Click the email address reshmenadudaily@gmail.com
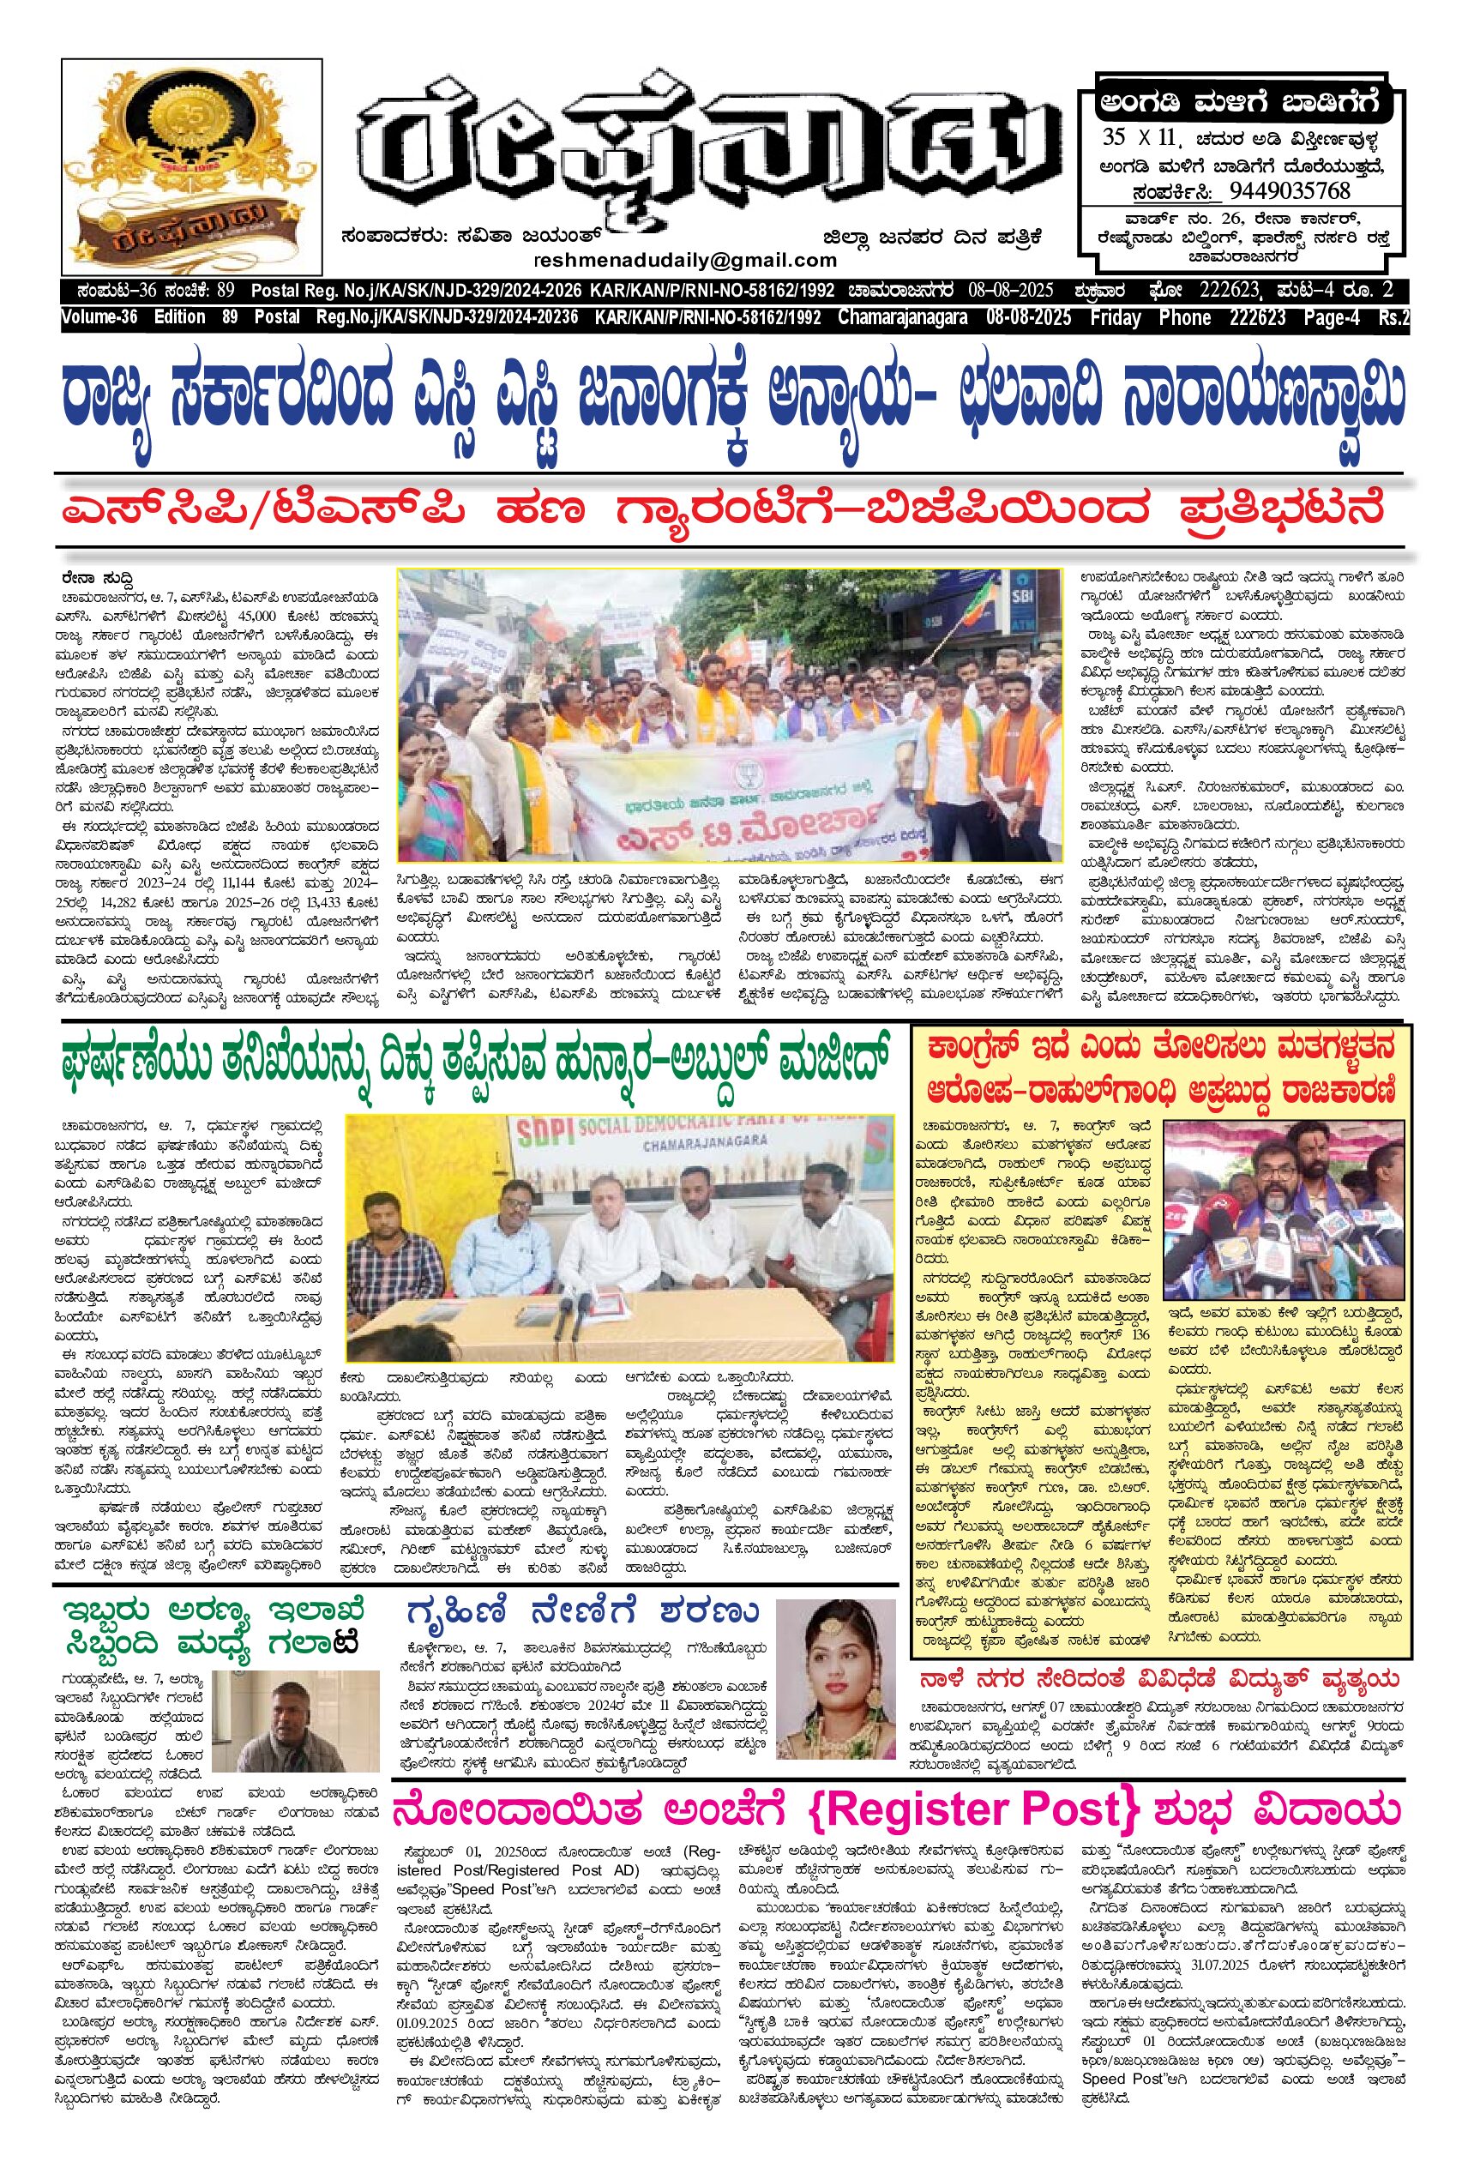(x=685, y=261)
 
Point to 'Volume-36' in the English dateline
(x=99, y=318)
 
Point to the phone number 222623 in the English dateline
(x=1257, y=318)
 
